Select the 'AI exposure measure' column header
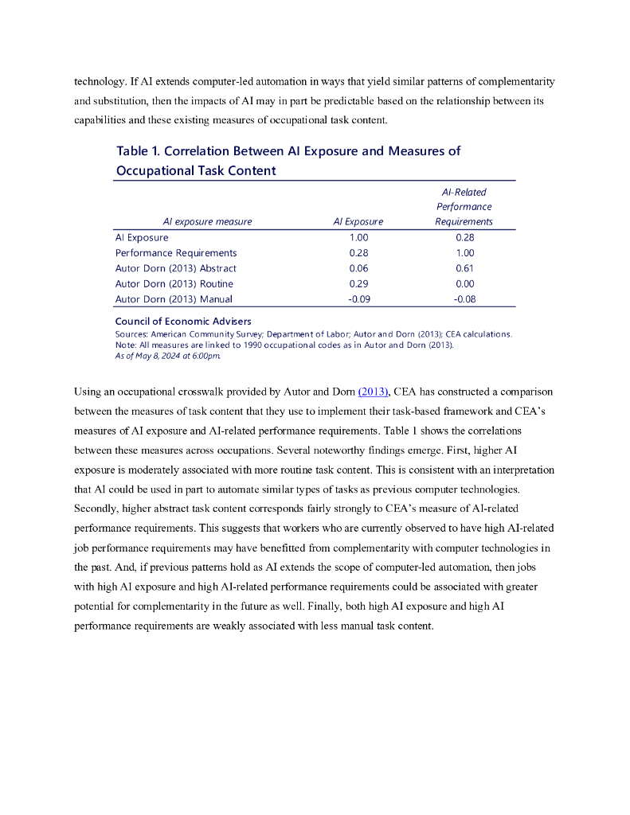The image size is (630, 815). (207, 222)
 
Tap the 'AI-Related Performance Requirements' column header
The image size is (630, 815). (464, 207)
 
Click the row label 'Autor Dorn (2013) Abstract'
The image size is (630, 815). (175, 268)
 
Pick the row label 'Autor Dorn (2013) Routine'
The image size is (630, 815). (174, 284)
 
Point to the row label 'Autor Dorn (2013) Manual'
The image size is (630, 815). (174, 299)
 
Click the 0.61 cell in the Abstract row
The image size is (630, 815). (464, 268)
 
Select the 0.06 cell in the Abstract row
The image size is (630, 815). (358, 268)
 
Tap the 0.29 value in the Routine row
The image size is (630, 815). (358, 284)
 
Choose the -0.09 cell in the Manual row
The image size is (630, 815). (358, 299)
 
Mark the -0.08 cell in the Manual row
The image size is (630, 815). (464, 299)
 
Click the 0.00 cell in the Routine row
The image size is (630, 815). (464, 284)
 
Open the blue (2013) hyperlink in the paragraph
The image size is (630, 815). (373, 392)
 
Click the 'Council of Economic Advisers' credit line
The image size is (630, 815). (183, 322)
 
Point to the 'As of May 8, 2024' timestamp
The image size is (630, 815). (168, 355)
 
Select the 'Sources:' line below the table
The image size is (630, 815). (314, 334)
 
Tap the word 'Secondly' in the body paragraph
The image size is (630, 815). (98, 508)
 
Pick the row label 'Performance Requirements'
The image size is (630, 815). (176, 253)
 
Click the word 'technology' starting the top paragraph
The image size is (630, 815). (100, 82)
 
